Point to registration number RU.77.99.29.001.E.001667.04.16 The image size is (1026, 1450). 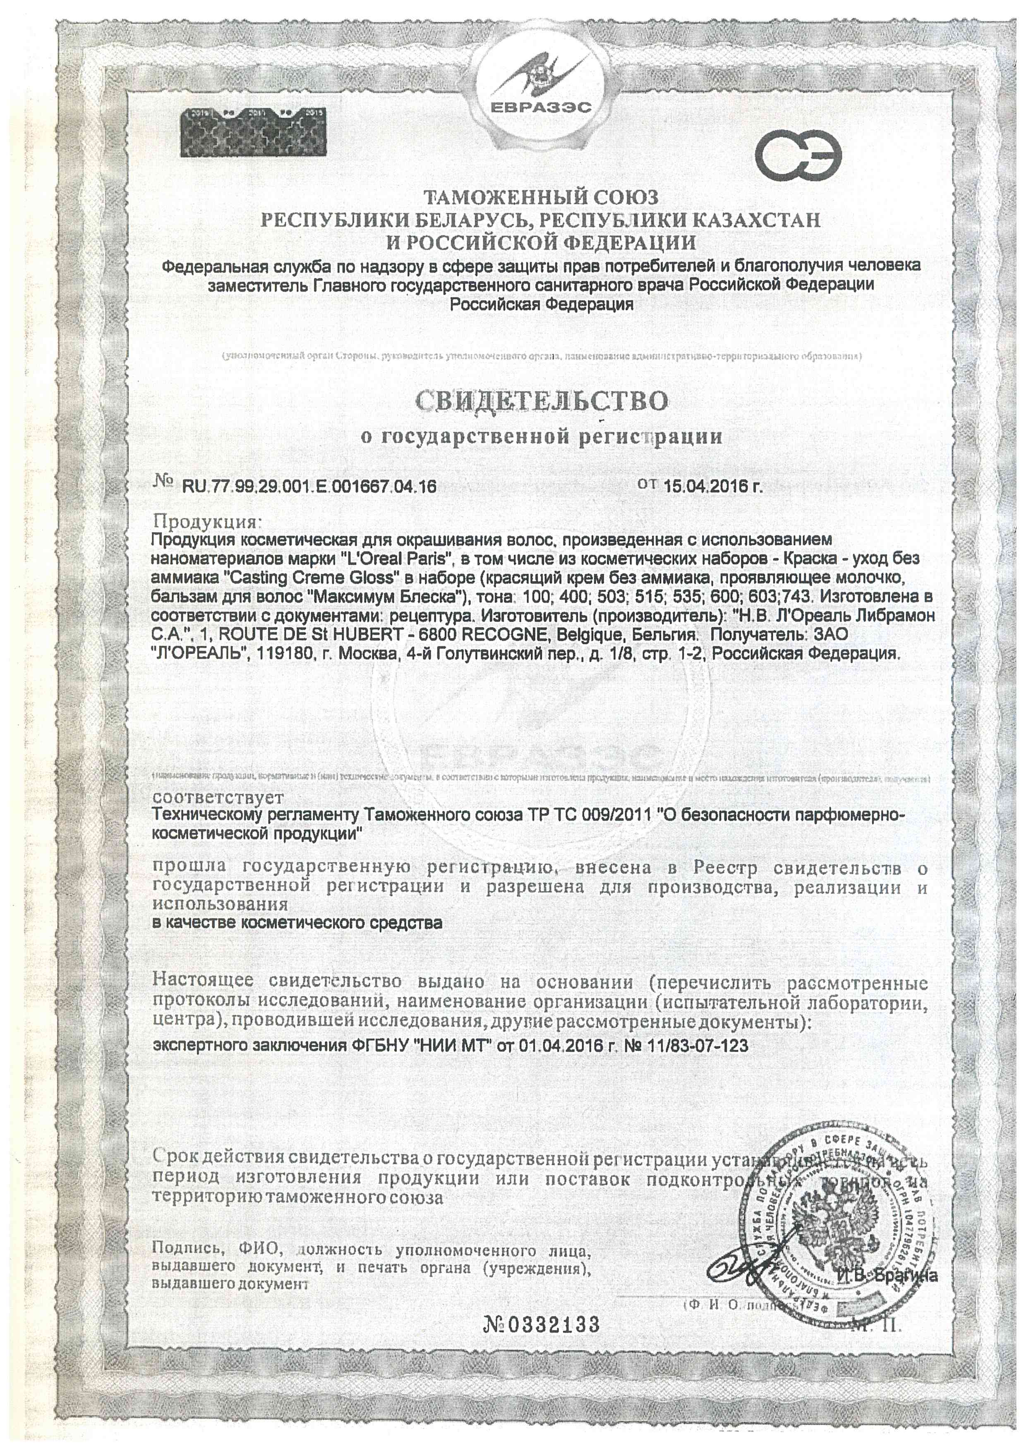tap(309, 486)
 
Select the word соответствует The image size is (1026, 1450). tap(218, 797)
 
